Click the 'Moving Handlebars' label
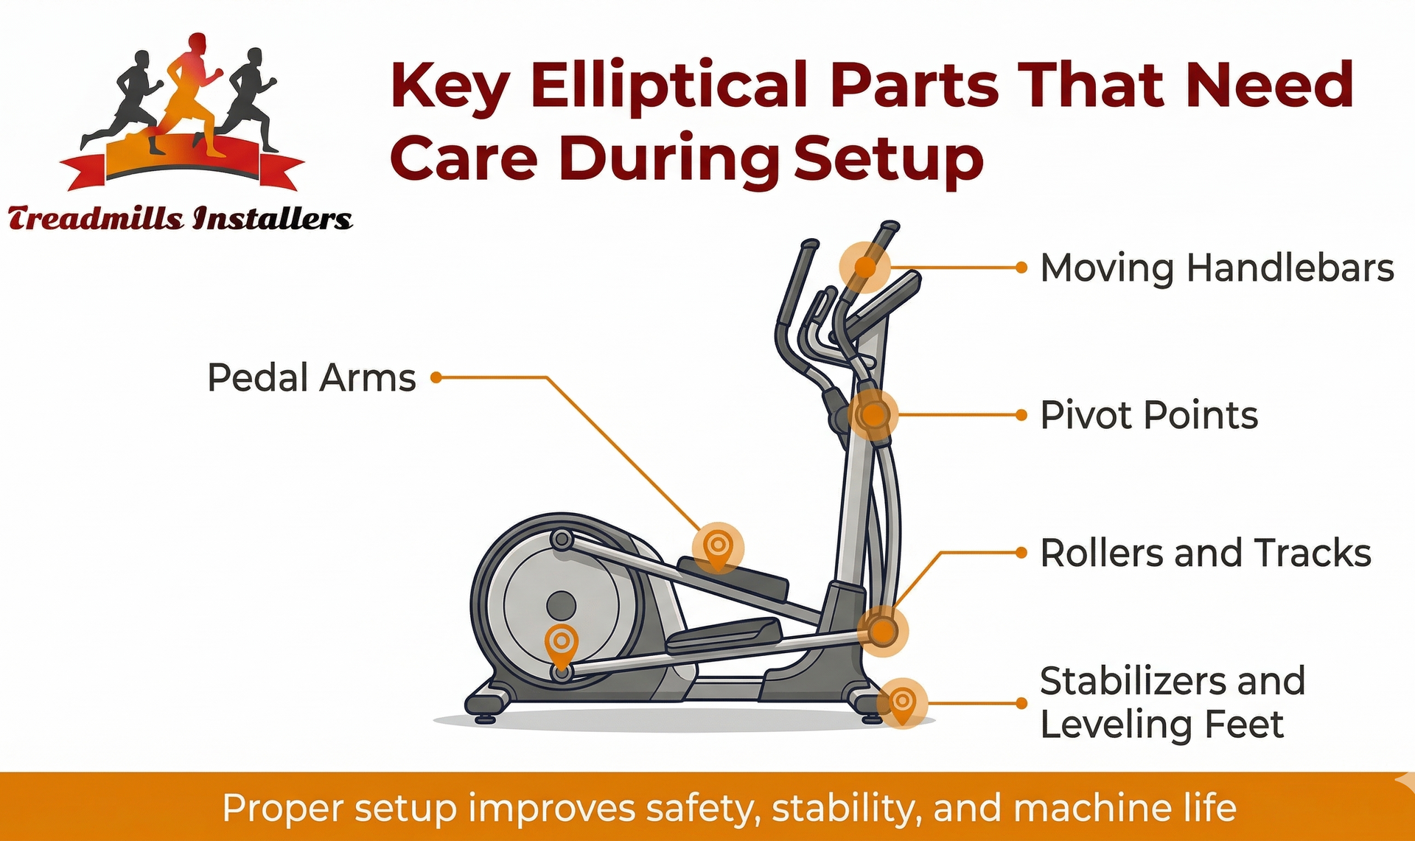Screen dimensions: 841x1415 (x=1216, y=268)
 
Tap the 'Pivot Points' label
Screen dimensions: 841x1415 (x=1148, y=415)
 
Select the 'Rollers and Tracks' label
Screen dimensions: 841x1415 (x=1205, y=553)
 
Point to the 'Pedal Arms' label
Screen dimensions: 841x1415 (x=311, y=377)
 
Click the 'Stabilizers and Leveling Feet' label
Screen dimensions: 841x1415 (x=1172, y=702)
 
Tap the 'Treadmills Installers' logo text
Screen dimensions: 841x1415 (x=180, y=219)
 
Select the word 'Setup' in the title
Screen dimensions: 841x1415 (x=888, y=158)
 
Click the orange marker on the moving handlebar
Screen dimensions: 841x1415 (x=865, y=267)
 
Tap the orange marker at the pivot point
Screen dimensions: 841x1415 (x=873, y=415)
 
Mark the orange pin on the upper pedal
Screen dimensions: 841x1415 (x=717, y=548)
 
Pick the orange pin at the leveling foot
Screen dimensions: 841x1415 (x=904, y=702)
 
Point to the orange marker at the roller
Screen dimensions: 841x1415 (x=882, y=631)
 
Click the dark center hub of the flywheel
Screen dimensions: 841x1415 (x=562, y=606)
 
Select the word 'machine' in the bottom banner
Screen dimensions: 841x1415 (x=1091, y=808)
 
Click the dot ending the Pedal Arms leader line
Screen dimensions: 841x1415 (x=436, y=377)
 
